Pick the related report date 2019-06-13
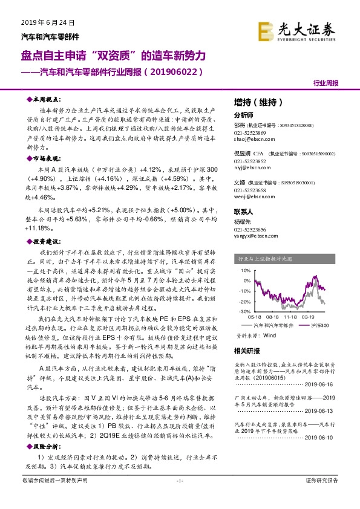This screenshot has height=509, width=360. pos(320,410)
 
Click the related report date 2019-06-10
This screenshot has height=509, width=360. pos(320,436)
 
